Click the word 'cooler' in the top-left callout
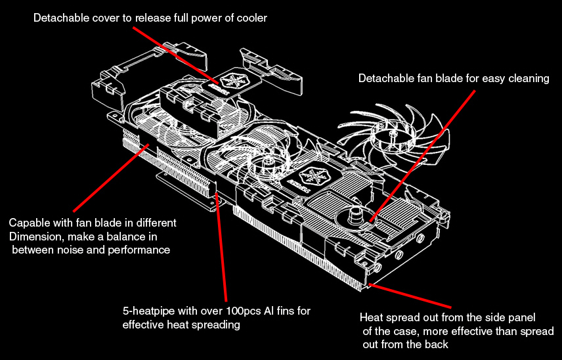(x=251, y=18)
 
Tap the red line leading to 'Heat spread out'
(x=410, y=296)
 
